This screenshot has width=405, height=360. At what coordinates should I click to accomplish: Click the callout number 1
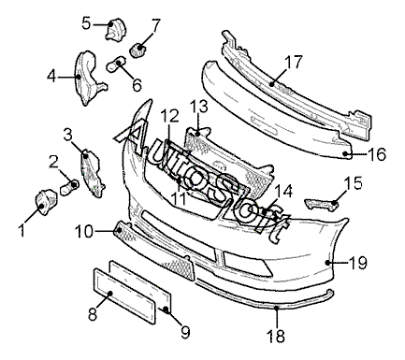pos(22,231)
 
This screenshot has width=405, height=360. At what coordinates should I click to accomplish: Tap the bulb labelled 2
pos(69,187)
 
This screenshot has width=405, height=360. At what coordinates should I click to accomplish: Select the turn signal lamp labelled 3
pos(92,173)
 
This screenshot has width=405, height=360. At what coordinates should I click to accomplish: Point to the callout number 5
pos(86,23)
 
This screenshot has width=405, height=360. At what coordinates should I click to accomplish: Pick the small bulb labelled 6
pos(116,63)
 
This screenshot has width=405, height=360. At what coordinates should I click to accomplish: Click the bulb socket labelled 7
pos(137,50)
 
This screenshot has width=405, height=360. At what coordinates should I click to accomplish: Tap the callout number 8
pos(93,314)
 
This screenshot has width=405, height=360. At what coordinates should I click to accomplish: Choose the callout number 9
pos(185,332)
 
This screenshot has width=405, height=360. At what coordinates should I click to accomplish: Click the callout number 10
pos(84,231)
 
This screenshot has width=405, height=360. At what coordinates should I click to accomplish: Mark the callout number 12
pos(170,116)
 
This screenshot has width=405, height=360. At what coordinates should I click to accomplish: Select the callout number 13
pos(199,107)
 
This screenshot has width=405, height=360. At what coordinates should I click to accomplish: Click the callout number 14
pos(283,191)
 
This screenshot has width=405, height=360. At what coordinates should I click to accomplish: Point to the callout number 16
pos(377,154)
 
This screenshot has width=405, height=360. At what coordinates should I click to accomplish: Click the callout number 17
pos(294,62)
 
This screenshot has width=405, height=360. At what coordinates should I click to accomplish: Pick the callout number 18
pos(276,336)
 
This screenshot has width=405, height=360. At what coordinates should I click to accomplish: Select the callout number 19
pos(358,263)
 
